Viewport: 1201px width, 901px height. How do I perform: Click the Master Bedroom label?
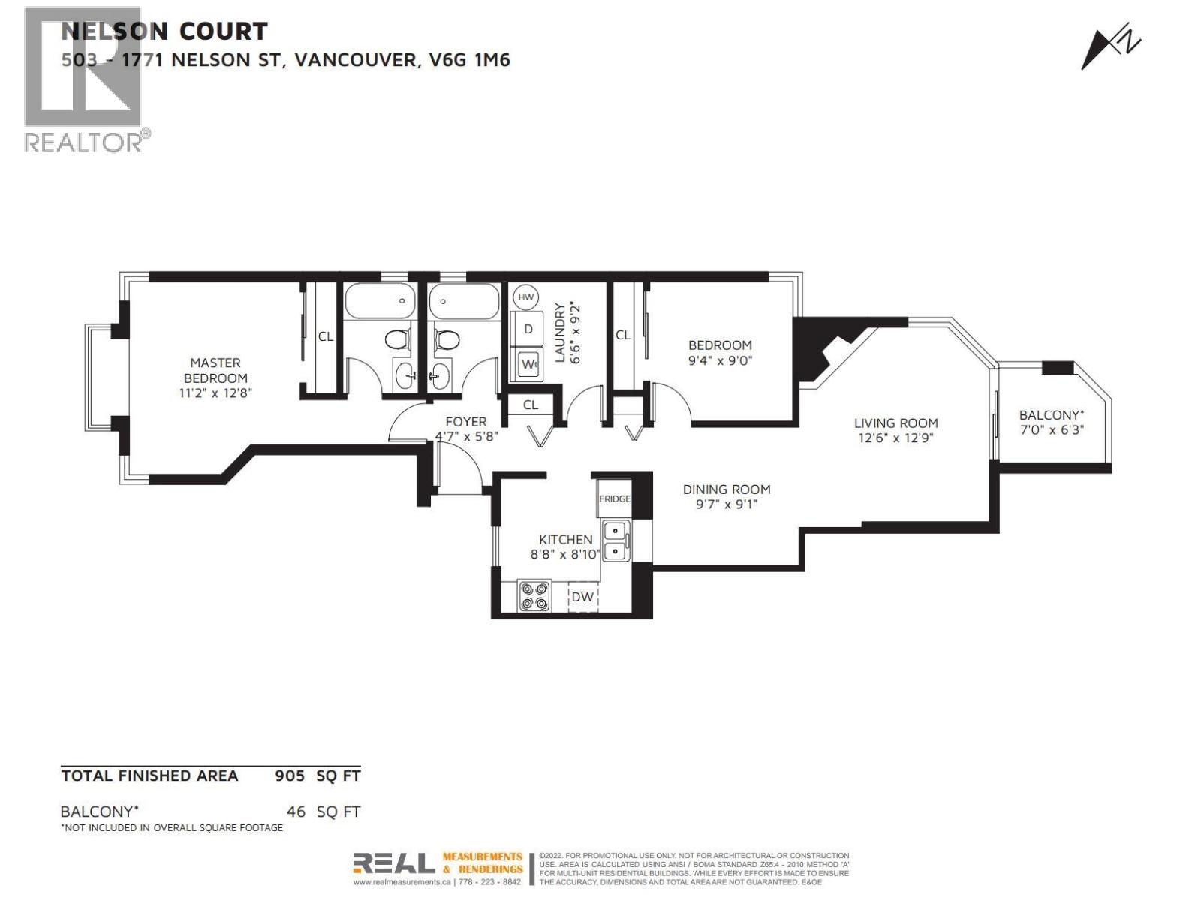click(215, 370)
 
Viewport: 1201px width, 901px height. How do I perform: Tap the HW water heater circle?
click(526, 297)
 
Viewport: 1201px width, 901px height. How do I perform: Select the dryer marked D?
click(528, 329)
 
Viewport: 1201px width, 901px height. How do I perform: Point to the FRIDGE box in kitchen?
click(614, 499)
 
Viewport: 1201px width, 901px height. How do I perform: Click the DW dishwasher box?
click(583, 598)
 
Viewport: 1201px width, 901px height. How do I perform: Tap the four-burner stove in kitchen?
click(534, 596)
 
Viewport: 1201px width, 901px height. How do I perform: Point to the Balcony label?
click(1051, 415)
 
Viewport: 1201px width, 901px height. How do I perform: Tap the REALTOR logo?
click(84, 79)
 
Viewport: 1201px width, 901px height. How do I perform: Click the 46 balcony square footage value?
click(296, 812)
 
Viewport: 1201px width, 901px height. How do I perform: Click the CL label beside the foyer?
click(531, 405)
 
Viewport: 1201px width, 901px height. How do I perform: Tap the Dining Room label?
click(726, 490)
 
